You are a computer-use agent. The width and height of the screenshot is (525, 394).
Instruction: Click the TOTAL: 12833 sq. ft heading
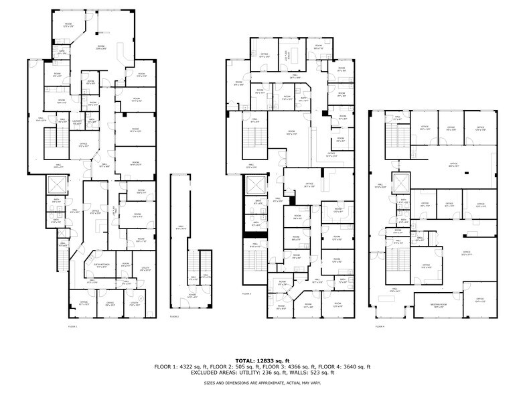[x=262, y=360]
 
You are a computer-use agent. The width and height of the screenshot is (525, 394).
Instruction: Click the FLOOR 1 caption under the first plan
[x=73, y=326]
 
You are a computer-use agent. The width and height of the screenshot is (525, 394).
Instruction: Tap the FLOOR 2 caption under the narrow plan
[x=175, y=316]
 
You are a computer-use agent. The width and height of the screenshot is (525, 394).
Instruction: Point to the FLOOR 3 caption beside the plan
[x=246, y=293]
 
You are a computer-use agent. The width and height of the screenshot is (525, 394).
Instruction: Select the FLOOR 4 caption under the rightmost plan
[x=380, y=326]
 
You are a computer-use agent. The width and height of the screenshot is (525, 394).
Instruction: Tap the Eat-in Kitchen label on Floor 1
[x=102, y=266]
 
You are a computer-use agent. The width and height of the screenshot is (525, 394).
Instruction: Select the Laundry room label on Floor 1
[x=77, y=122]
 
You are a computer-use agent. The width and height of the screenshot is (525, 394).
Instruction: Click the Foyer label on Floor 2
[x=192, y=295]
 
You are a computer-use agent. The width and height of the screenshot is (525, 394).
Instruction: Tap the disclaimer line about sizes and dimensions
[x=262, y=382]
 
